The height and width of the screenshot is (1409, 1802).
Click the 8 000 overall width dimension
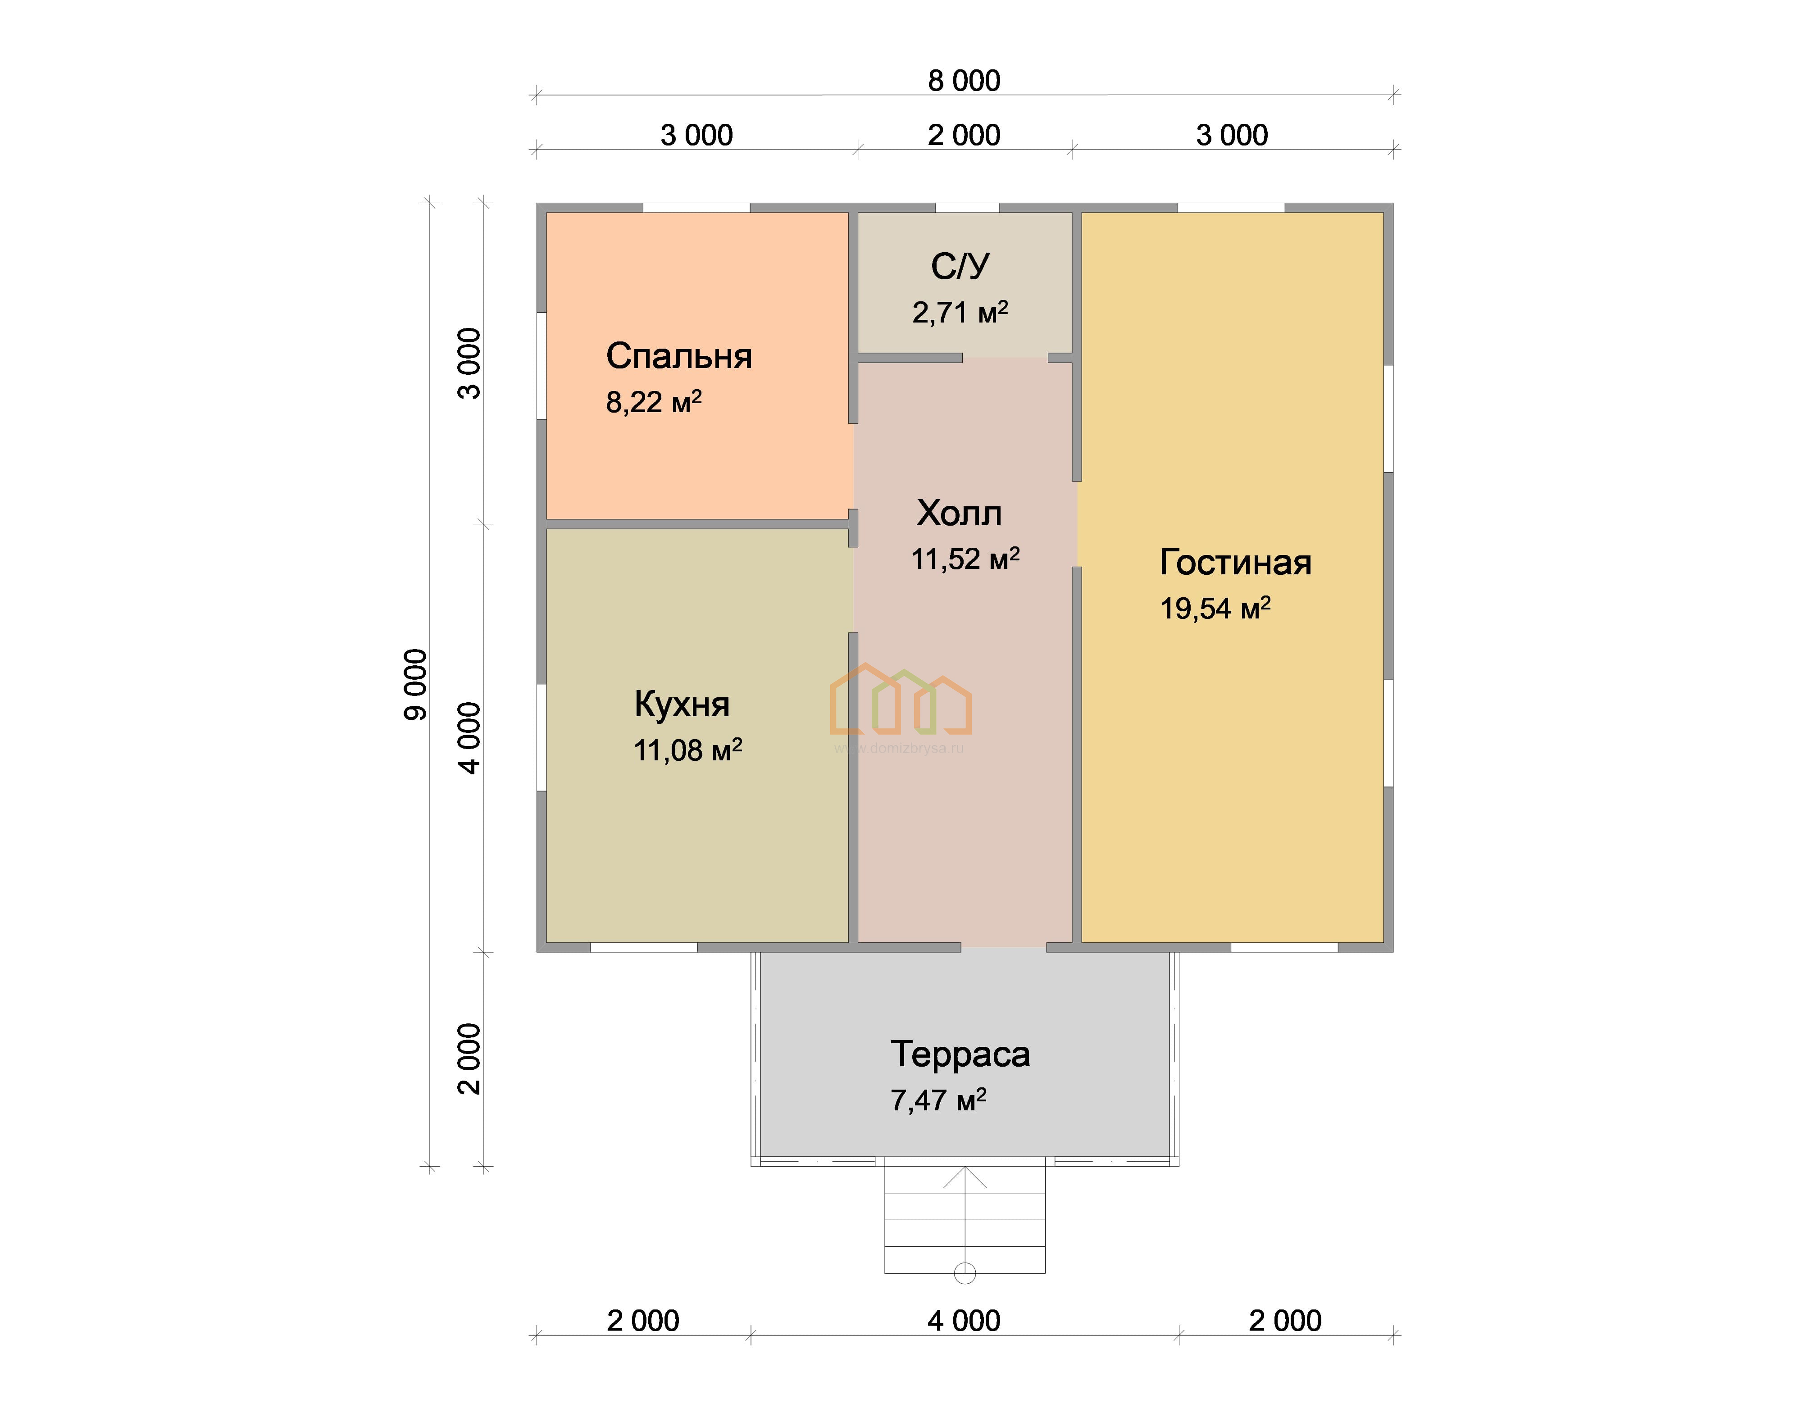[x=964, y=81]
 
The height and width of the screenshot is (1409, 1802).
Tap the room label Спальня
[x=679, y=356]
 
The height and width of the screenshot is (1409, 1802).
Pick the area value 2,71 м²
[x=960, y=312]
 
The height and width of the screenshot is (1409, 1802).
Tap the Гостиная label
[x=1235, y=563]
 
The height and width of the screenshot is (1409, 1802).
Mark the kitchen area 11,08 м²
[x=687, y=750]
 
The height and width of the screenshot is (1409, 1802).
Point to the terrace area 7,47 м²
[x=938, y=1100]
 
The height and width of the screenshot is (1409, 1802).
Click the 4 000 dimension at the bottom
[x=964, y=1321]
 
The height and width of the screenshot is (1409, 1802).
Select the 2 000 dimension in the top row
[x=964, y=135]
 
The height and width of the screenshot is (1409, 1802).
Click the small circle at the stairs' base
[x=965, y=1273]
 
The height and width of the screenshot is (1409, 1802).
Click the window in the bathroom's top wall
[x=967, y=208]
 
